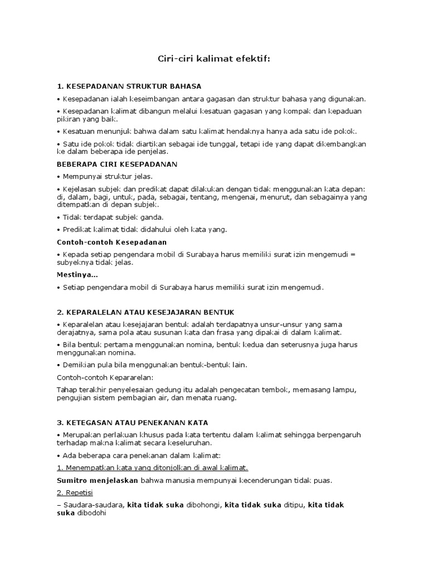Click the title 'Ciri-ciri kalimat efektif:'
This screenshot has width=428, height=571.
click(x=213, y=59)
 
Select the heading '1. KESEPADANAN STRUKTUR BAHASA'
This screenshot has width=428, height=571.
click(x=129, y=86)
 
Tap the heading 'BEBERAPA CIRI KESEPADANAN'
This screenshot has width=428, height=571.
click(x=117, y=164)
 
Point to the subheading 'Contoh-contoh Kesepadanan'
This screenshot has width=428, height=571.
click(x=112, y=242)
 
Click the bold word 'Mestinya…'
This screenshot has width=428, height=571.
click(x=77, y=274)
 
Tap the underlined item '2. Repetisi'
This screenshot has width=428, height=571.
click(x=75, y=493)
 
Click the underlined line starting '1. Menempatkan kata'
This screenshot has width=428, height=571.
click(x=153, y=467)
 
